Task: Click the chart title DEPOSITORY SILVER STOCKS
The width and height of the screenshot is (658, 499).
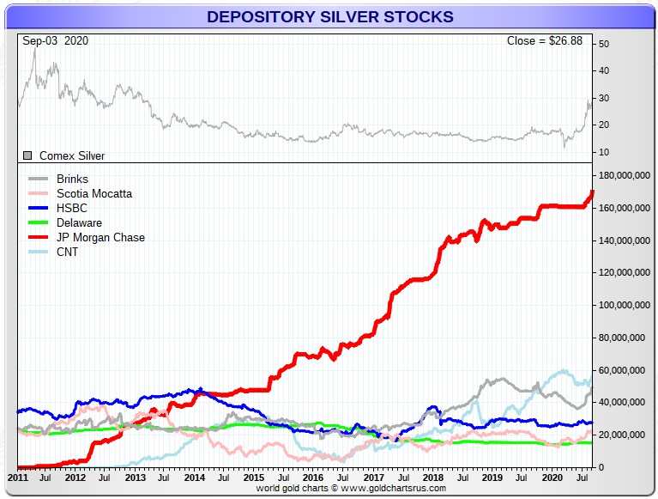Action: tap(329, 16)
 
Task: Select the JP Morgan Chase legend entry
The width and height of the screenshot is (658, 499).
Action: tap(100, 238)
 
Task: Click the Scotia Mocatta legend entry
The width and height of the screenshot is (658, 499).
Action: tap(94, 194)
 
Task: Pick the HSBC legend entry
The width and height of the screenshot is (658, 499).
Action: tap(73, 209)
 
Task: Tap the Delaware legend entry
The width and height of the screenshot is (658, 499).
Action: tap(79, 223)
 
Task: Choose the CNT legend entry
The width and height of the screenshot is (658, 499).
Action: tap(68, 253)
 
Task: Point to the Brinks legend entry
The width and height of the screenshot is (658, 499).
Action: tap(72, 180)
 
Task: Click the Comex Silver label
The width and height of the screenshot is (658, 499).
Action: tap(72, 156)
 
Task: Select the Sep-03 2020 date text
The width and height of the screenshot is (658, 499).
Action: tap(56, 40)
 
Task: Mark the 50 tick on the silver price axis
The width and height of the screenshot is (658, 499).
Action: tap(604, 44)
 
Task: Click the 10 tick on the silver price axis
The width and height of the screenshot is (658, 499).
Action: tap(604, 153)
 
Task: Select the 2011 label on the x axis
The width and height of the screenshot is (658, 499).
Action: tap(18, 477)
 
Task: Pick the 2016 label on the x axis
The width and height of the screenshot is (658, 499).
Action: tap(313, 477)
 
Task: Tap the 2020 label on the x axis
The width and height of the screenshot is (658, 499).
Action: tap(550, 477)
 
